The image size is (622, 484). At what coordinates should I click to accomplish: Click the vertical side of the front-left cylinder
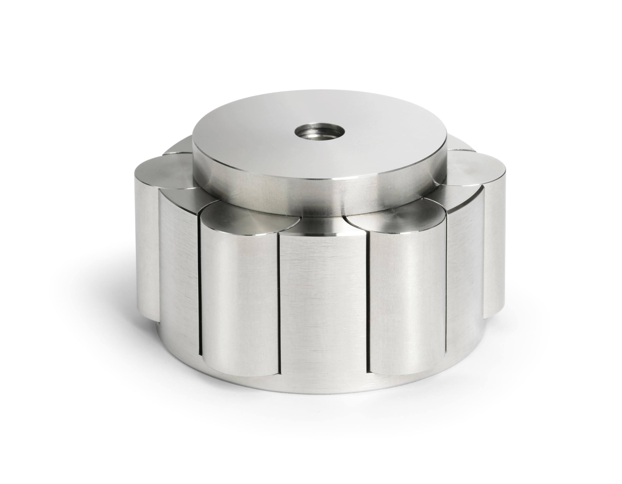click(x=239, y=299)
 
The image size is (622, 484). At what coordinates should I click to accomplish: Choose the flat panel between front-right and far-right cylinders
click(x=464, y=271)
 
